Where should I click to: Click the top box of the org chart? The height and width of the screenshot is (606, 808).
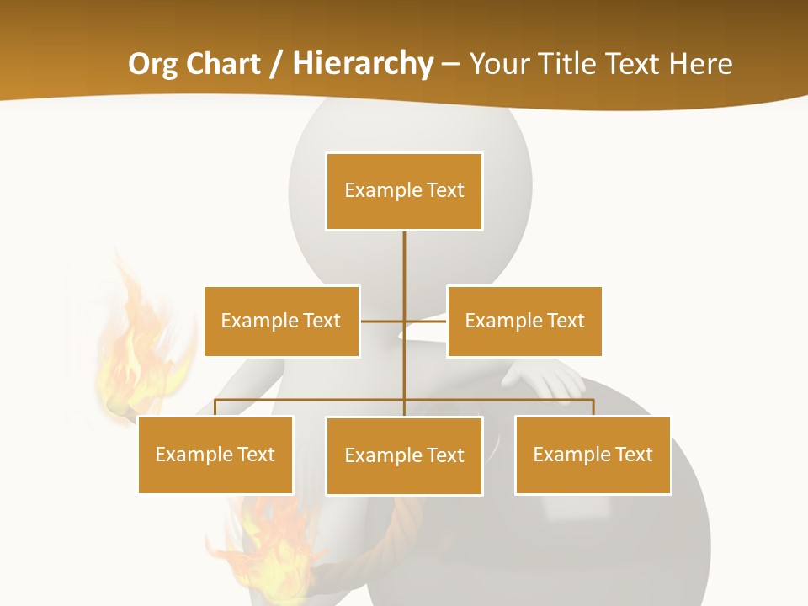click(x=404, y=191)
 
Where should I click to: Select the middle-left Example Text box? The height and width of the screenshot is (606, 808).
click(x=281, y=321)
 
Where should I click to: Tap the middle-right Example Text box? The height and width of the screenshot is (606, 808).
click(x=524, y=321)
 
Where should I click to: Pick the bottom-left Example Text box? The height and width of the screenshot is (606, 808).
click(x=215, y=454)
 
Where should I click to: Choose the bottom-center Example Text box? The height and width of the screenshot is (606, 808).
click(x=404, y=455)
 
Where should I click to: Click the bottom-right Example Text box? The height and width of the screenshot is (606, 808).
click(x=593, y=454)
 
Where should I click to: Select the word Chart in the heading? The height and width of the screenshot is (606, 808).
click(x=222, y=64)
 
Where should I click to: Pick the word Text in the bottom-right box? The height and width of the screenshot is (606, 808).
click(x=633, y=454)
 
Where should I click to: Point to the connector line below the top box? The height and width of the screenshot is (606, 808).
click(x=404, y=261)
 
